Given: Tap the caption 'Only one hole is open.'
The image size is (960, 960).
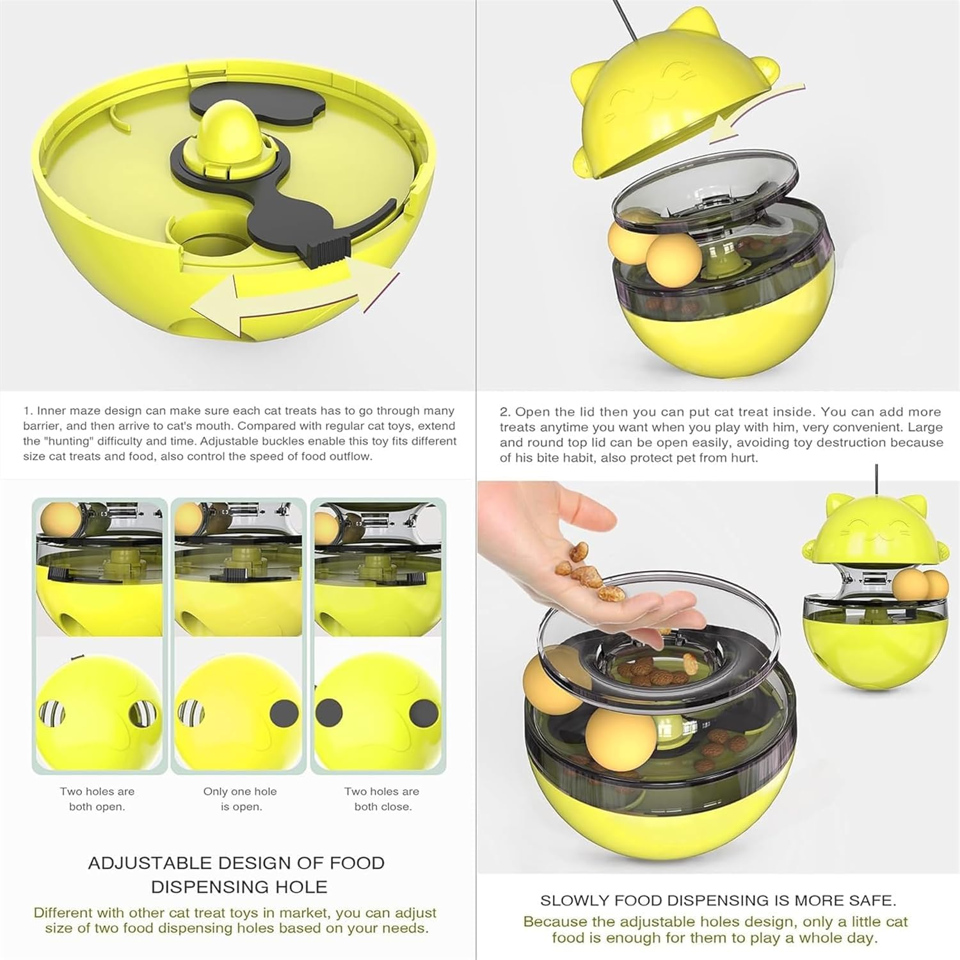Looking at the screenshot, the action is [240, 799].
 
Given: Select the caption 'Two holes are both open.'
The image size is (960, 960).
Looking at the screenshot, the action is [97, 799].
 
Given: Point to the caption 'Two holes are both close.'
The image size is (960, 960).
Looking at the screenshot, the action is [382, 799].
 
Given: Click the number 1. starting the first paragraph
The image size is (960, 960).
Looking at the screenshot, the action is [28, 411].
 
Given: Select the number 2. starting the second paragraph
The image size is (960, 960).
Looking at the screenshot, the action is [506, 412].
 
